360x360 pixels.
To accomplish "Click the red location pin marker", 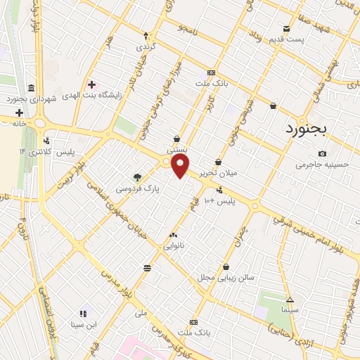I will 181,166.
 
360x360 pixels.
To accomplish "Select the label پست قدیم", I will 290,39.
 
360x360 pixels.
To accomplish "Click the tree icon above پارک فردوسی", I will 137,177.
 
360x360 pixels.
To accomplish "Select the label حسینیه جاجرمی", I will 322,165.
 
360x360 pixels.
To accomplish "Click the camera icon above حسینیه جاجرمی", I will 322,153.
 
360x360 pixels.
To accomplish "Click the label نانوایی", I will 174,246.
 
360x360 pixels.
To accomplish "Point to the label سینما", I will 290,309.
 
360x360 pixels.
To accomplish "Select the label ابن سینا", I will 83,325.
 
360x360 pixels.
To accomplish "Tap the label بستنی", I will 176,150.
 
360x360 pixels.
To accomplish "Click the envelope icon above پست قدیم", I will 286,29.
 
